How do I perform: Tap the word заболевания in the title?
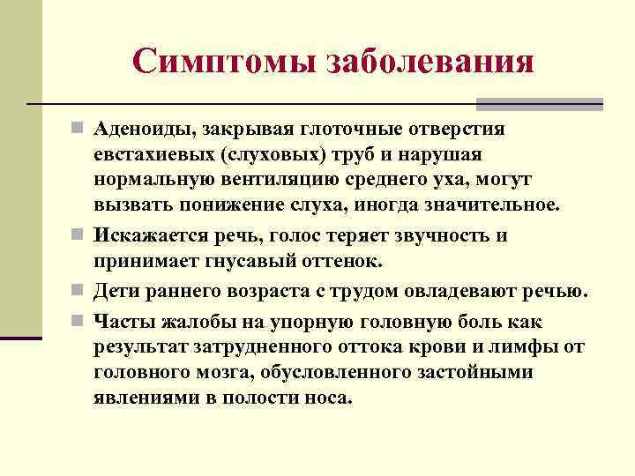430,61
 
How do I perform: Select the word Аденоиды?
146,130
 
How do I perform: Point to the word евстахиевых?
144,155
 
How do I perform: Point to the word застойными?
484,372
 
